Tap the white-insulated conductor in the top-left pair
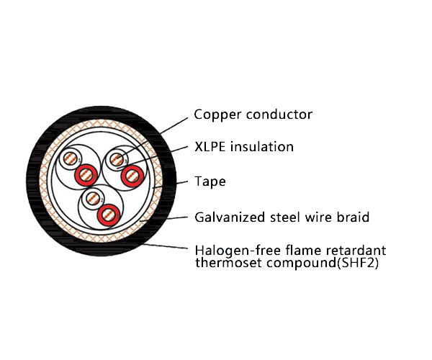click(x=71, y=158)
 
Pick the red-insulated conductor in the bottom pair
click(x=108, y=213)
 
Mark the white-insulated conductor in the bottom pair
click(x=91, y=197)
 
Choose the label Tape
click(x=210, y=181)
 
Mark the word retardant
click(x=359, y=251)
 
